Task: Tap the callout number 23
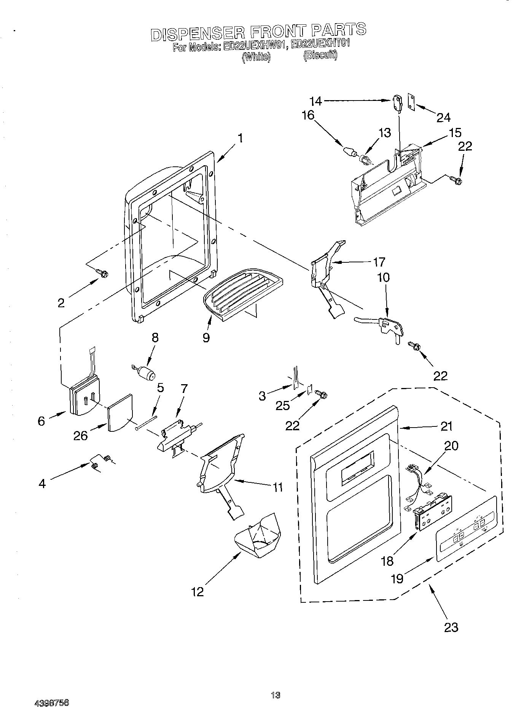click(451, 627)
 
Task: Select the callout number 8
click(155, 338)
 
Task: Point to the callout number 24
click(443, 117)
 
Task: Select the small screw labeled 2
click(103, 273)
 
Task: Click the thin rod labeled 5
click(146, 423)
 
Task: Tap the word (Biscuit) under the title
click(320, 56)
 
